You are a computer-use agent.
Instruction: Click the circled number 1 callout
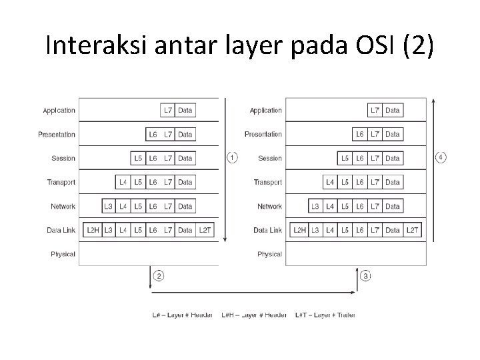(x=232, y=158)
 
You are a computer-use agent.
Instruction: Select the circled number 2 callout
(x=159, y=275)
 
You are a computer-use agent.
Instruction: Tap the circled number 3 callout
(x=365, y=275)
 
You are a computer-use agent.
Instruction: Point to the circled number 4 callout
(x=441, y=158)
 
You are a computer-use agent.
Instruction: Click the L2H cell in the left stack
(x=93, y=230)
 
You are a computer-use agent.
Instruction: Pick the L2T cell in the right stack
(x=413, y=230)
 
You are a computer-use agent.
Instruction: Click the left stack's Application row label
(x=59, y=110)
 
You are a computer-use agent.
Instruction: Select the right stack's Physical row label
(x=269, y=254)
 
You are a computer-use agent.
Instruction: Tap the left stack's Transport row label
(x=61, y=182)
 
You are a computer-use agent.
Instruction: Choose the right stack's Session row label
(x=270, y=158)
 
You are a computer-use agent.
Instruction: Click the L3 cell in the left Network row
(x=108, y=206)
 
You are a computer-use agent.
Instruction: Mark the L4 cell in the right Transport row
(x=330, y=182)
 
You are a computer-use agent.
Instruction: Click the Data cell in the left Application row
(x=185, y=110)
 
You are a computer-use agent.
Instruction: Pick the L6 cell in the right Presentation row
(x=360, y=134)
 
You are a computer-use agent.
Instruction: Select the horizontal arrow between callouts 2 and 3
(x=253, y=291)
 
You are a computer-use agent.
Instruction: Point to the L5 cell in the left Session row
(x=138, y=158)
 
